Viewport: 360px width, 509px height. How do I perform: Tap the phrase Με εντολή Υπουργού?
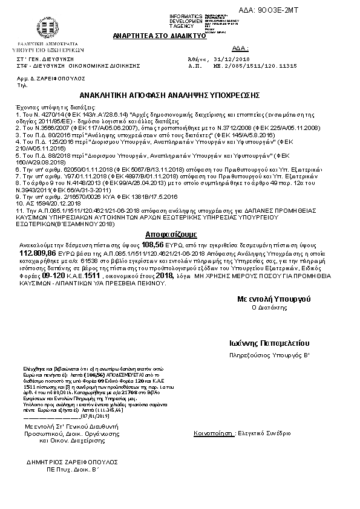[x=273, y=299]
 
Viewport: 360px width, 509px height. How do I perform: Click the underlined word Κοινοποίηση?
[x=212, y=434]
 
